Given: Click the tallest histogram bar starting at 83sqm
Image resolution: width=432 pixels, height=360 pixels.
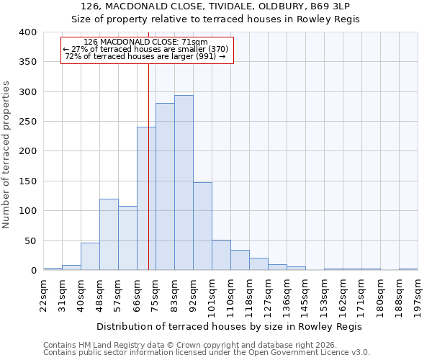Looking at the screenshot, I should tap(184, 183).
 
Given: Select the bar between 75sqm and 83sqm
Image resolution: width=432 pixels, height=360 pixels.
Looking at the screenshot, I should tap(165, 187).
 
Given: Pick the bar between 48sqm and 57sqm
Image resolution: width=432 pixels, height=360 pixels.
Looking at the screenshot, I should tap(109, 235).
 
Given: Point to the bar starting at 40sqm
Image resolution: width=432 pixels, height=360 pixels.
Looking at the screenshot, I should tap(90, 256).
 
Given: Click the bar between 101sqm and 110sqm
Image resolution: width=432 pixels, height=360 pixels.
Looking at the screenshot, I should tap(221, 255).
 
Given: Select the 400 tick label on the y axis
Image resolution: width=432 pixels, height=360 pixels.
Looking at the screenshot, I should tap(27, 32).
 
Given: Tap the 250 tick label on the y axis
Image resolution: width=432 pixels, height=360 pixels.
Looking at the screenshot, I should tap(27, 122).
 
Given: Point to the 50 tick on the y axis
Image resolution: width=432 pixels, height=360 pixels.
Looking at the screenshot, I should tap(30, 241).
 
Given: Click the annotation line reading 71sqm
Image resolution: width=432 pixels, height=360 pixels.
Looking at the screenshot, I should tap(146, 42).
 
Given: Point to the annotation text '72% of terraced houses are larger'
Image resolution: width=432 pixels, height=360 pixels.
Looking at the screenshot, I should tap(145, 56).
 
